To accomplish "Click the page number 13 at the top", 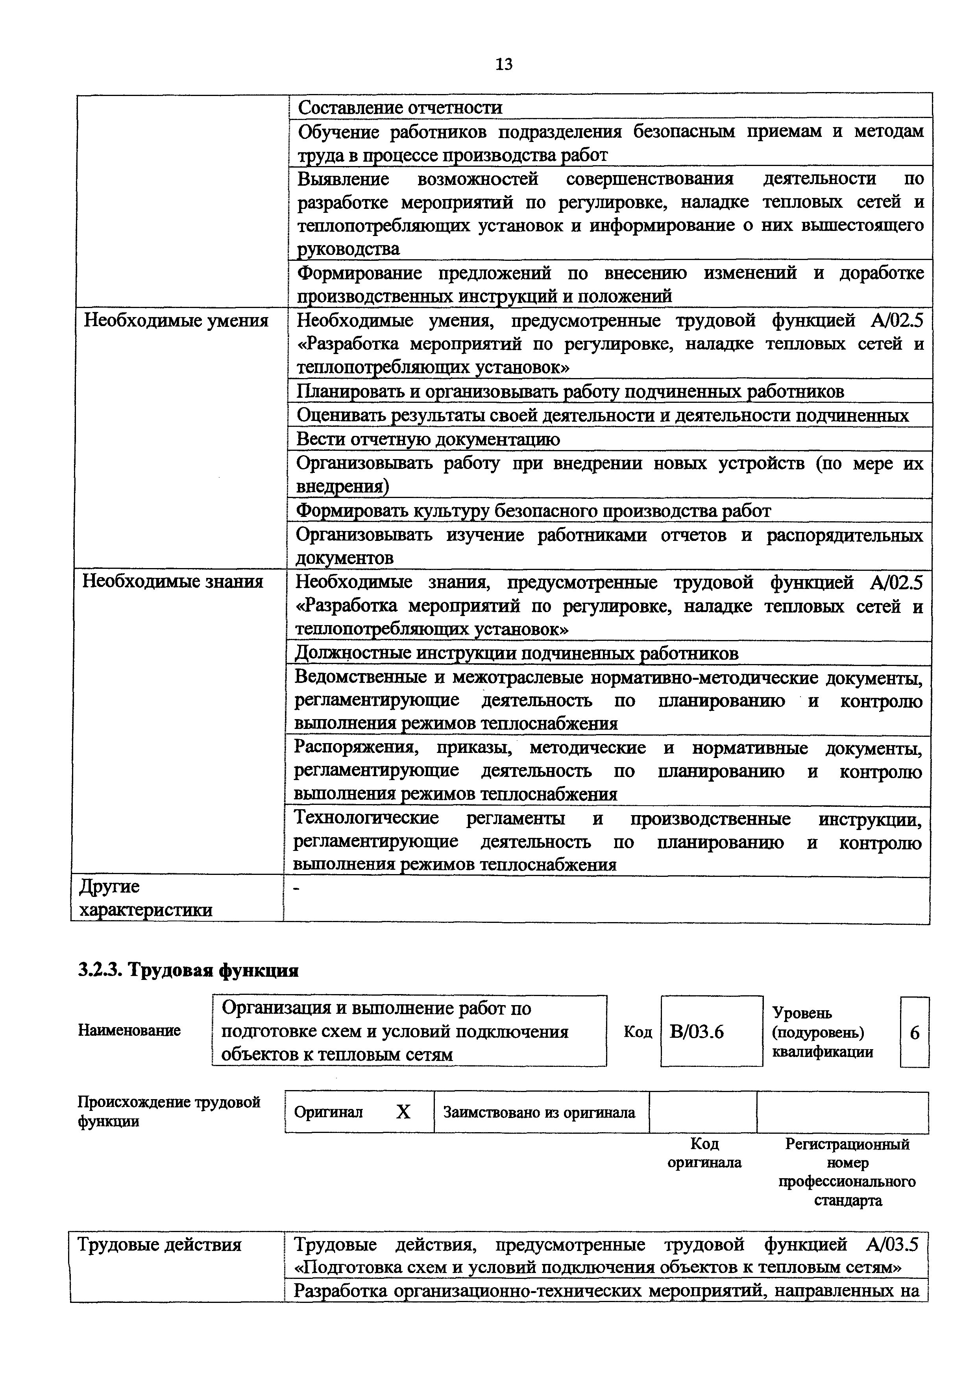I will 503,64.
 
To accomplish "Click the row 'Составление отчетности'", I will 399,107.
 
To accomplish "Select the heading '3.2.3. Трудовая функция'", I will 188,971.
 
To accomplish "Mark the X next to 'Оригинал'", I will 403,1112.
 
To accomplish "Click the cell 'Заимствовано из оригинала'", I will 540,1112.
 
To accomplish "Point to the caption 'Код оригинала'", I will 704,1153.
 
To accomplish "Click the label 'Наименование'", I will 129,1031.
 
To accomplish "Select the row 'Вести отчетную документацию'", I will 427,439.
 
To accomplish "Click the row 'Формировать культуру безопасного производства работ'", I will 533,511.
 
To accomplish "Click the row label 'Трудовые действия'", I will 159,1245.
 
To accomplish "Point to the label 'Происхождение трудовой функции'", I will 168,1112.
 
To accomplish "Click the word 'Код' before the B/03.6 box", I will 638,1032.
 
